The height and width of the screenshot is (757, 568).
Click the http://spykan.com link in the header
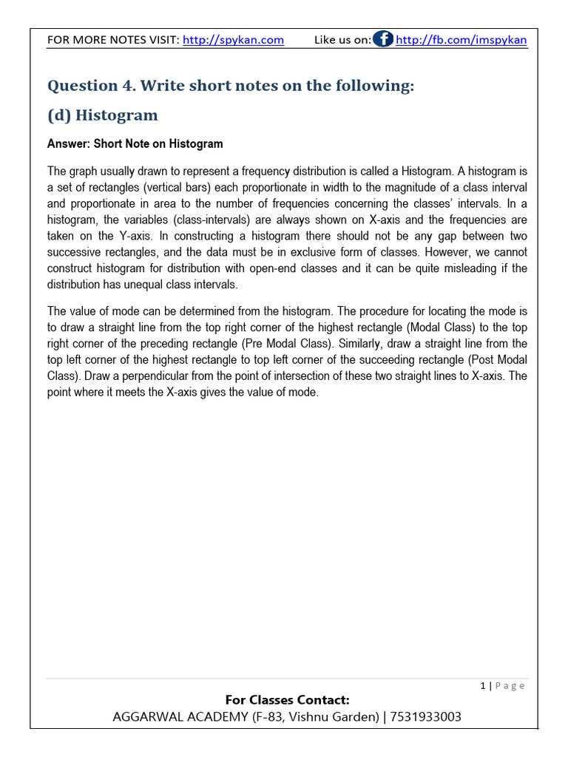pos(233,40)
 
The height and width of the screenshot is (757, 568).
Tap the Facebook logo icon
pos(383,39)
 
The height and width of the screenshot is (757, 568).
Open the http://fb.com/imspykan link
pos(461,40)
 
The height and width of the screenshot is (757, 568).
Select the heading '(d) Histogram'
pos(103,115)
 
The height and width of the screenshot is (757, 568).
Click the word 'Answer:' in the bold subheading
pos(68,143)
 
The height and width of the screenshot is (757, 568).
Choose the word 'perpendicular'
pos(152,376)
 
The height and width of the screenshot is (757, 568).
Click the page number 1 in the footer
pos(483,686)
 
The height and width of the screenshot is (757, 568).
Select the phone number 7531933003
pos(427,717)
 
